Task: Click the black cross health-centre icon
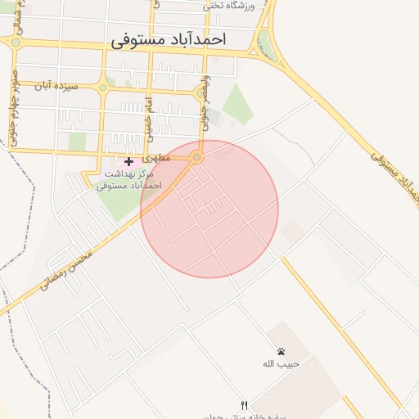[128, 162]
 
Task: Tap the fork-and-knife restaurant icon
[243, 405]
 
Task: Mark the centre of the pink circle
[209, 209]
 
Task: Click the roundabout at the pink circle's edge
[196, 156]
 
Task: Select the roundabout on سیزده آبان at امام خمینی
[102, 86]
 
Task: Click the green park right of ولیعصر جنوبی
[238, 104]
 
